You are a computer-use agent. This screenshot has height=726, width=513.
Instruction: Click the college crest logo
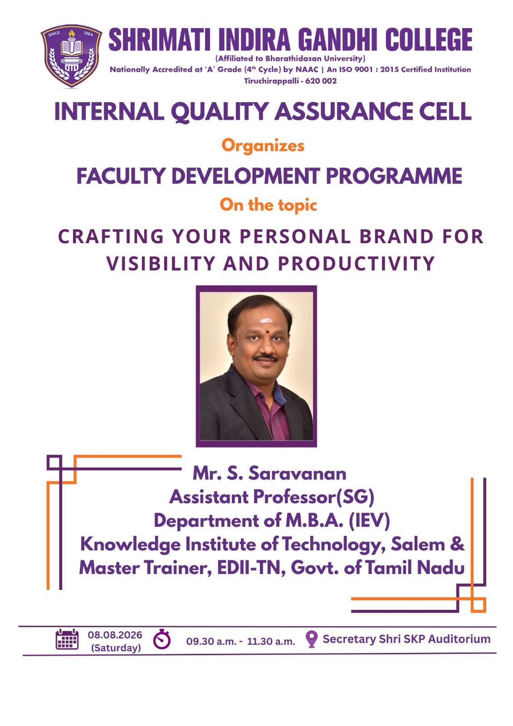click(x=71, y=55)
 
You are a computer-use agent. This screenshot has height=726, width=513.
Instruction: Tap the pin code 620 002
click(x=321, y=81)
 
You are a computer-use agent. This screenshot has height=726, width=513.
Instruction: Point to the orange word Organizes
click(x=263, y=146)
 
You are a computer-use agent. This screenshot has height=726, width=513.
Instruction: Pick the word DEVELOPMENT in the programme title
click(x=245, y=176)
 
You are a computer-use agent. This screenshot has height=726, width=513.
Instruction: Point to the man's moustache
click(x=266, y=358)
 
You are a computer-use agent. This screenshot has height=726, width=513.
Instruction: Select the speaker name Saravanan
click(x=297, y=474)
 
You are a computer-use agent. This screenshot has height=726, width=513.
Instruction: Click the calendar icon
click(x=67, y=639)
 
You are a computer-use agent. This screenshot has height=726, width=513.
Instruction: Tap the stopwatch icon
click(x=162, y=639)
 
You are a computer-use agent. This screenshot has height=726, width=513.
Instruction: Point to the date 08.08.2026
click(x=115, y=635)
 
